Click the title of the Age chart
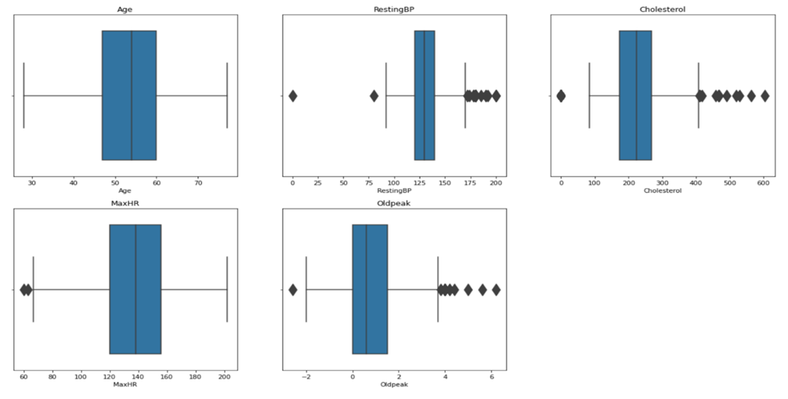coord(125,8)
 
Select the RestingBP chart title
coord(393,8)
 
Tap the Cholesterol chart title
coord(662,8)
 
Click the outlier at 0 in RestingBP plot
coord(293,96)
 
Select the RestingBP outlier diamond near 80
coord(374,96)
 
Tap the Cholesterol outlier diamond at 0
coord(561,96)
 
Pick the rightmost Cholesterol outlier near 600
coord(765,96)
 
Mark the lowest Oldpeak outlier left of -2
coord(293,290)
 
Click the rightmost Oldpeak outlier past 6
coord(496,290)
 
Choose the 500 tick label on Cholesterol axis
coord(730,183)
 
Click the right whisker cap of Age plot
coord(227,96)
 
